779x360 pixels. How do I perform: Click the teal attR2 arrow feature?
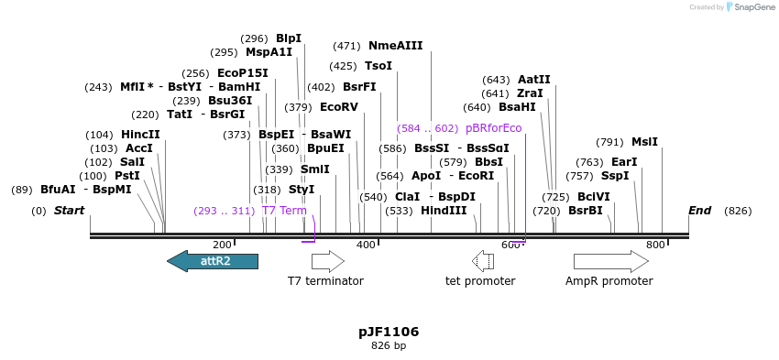point(213,261)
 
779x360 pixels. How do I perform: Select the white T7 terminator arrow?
point(327,261)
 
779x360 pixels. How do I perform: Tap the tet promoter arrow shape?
point(483,261)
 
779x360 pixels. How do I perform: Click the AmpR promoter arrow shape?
point(610,261)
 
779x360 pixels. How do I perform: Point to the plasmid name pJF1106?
point(389,332)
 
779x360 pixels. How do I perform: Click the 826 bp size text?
point(389,346)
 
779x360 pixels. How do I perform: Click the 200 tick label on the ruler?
point(222,245)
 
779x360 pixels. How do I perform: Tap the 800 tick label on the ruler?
point(655,245)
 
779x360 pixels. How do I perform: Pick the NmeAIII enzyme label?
point(395,46)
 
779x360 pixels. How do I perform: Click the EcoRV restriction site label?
point(338,107)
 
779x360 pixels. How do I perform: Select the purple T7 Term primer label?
point(284,211)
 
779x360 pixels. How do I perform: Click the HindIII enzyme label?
point(444,211)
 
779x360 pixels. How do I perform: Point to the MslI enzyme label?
point(644,142)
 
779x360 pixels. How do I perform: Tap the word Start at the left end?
point(69,211)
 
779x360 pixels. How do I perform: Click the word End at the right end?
point(699,211)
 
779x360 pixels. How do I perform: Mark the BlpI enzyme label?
point(289,38)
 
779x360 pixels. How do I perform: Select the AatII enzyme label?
point(534,80)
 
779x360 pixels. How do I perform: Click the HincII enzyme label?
point(140,135)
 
